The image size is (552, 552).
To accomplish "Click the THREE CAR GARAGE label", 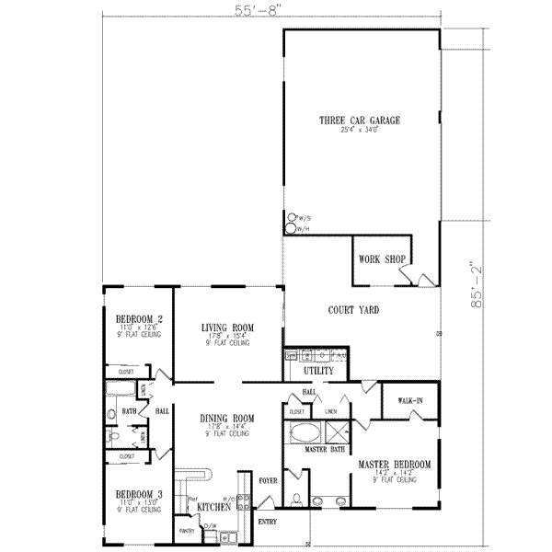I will (x=360, y=121).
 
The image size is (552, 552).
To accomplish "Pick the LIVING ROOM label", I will (x=228, y=328).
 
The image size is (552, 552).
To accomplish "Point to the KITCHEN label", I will (x=213, y=507).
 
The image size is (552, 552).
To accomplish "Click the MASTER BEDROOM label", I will (x=395, y=466).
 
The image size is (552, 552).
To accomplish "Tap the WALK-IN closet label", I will (x=410, y=401).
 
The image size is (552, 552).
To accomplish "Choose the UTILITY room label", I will (x=317, y=370).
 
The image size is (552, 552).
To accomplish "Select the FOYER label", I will (x=267, y=478).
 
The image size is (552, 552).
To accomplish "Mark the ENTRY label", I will (x=268, y=522).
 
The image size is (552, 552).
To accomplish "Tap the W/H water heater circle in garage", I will (x=293, y=229).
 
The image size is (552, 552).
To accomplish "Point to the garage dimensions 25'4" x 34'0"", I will (x=360, y=131).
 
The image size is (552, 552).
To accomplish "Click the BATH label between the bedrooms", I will (x=130, y=412).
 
